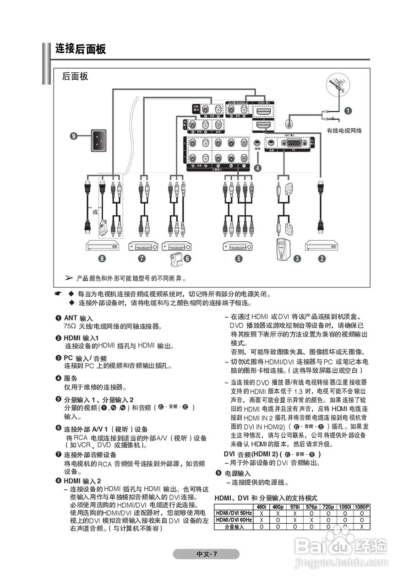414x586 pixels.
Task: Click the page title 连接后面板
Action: [x=81, y=49]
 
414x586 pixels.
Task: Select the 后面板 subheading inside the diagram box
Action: [x=75, y=76]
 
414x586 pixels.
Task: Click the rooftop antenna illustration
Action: [x=338, y=87]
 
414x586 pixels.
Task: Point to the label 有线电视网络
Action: [x=344, y=130]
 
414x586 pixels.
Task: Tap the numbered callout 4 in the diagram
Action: [x=258, y=168]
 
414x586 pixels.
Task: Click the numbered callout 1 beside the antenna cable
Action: [x=348, y=110]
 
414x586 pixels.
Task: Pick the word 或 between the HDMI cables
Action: [x=95, y=212]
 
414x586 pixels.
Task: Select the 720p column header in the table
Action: [x=328, y=507]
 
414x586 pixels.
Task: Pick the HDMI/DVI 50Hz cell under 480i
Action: [x=261, y=514]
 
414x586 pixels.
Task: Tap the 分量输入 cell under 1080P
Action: [x=361, y=527]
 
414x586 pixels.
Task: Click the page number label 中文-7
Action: [x=207, y=554]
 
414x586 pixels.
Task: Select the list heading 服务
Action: [x=71, y=378]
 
